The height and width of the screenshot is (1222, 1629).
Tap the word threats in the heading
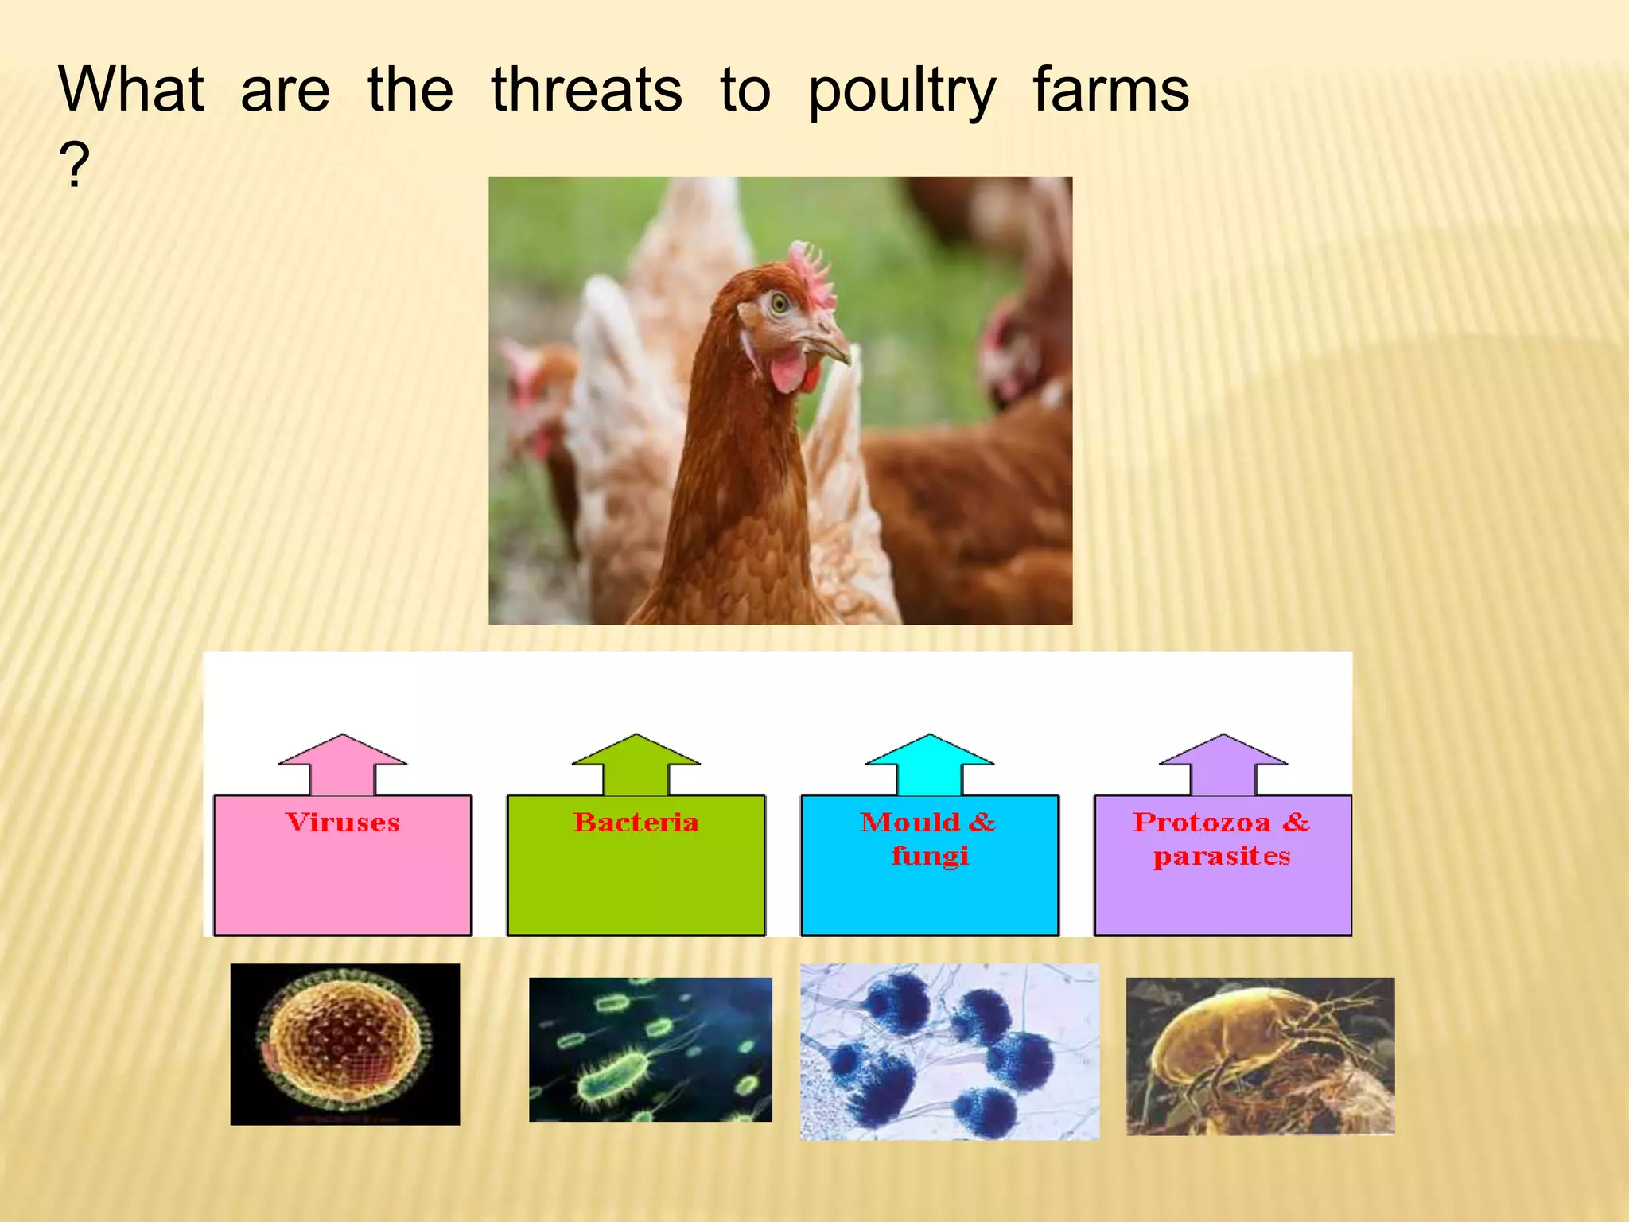pos(586,89)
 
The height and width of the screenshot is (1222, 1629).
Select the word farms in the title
pos(1110,89)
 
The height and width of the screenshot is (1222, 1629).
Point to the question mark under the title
pos(74,165)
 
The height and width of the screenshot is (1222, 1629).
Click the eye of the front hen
pos(779,302)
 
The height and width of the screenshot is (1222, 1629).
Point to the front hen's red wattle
pos(789,371)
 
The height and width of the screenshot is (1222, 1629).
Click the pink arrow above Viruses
pos(342,763)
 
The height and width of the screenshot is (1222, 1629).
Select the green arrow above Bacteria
pos(636,763)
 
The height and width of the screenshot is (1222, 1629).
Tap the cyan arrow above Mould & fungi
pos(929,763)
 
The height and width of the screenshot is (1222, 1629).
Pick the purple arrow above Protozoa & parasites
pos(1223,763)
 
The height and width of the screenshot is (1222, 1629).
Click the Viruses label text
pos(342,822)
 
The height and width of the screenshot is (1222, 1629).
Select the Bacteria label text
pos(636,822)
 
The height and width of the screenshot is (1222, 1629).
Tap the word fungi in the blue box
pos(930,856)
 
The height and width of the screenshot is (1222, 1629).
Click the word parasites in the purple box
pos(1222,856)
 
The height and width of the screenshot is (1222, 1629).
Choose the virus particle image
pos(344,1044)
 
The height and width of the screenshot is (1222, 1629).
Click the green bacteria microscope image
pos(650,1049)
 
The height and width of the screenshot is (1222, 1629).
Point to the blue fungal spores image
pos(949,1052)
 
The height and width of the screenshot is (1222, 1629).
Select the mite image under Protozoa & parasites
pos(1260,1056)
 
